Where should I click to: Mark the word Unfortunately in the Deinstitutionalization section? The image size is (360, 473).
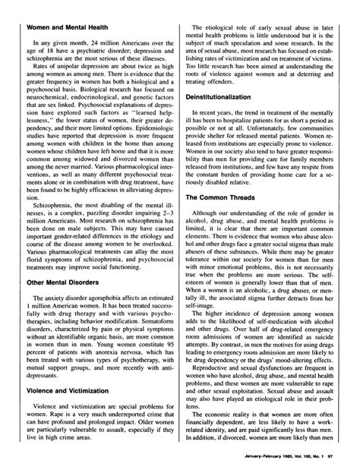(259, 153)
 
